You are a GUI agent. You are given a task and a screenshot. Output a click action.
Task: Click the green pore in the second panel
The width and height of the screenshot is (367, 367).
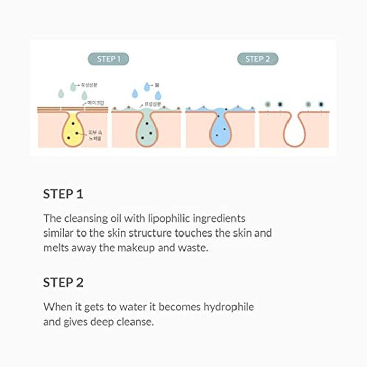coord(146,129)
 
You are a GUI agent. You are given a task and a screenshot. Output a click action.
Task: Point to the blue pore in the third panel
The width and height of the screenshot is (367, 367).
coord(220,129)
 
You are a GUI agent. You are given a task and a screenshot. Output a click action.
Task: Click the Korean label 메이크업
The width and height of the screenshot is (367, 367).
coord(96,103)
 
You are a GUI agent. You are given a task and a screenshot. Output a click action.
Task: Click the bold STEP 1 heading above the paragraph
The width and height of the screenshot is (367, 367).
coord(63,194)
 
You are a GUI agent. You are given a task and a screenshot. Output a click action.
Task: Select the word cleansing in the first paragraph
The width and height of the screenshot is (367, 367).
coord(85,219)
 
